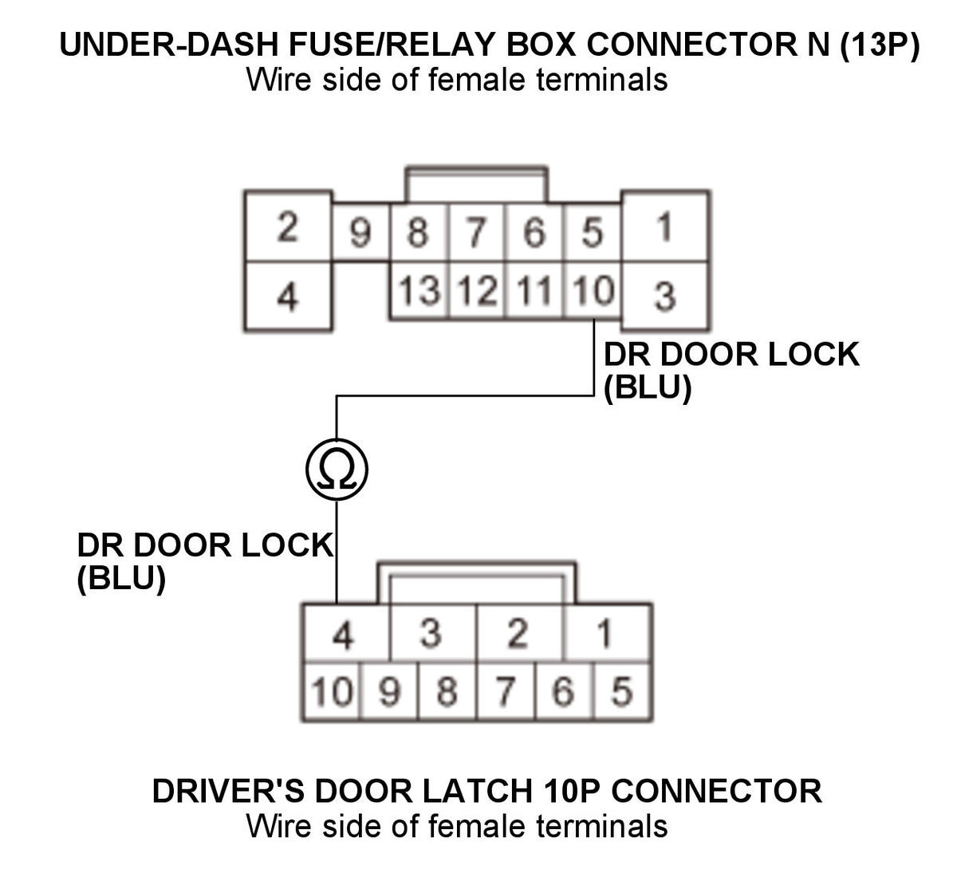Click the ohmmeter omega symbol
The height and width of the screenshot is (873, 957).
pos(337,470)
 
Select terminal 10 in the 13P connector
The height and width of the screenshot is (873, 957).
pos(593,290)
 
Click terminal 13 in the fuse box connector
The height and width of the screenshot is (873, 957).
pos(419,290)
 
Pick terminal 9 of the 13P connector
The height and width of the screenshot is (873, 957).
pos(360,232)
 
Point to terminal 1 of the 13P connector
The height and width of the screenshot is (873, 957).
pos(665,226)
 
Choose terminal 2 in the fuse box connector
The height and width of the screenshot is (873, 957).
pos(288,226)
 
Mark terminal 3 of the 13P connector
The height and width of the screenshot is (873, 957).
pos(665,296)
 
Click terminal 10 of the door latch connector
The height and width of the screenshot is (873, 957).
pos(332,691)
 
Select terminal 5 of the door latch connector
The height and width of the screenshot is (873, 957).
pos(622,691)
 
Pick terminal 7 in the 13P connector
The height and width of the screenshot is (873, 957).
pos(476,232)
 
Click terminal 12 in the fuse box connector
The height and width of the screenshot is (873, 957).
pos(477,290)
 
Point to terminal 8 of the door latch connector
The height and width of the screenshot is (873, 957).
pos(447,691)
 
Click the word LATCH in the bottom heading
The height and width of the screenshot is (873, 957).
pos(478,791)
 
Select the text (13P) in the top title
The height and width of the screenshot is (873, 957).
pos(879,45)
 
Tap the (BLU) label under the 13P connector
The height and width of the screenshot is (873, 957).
pos(648,387)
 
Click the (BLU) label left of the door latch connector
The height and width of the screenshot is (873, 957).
pos(121,579)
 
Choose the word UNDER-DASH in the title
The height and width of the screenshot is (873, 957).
pos(169,45)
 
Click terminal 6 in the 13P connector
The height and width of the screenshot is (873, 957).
pos(534,232)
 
